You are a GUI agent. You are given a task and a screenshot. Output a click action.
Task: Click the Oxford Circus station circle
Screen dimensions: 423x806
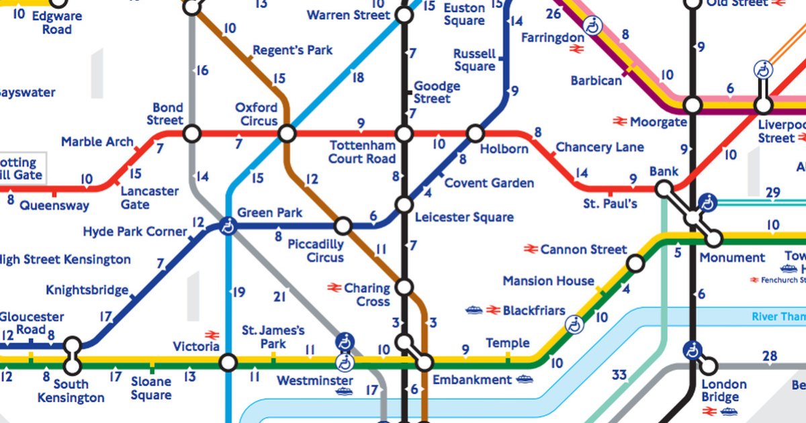tap(287, 134)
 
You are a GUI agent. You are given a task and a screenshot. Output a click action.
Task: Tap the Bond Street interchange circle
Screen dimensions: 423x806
tap(192, 134)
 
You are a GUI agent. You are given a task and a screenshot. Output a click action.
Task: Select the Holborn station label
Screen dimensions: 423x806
tap(504, 149)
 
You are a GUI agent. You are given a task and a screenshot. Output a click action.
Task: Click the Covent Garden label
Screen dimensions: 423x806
tap(489, 183)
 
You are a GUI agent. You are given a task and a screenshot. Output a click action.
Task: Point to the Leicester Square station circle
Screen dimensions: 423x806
tap(404, 205)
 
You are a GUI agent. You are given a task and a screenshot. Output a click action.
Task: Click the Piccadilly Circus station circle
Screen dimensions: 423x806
tap(343, 226)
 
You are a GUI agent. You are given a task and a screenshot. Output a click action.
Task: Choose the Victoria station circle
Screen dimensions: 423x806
tap(229, 363)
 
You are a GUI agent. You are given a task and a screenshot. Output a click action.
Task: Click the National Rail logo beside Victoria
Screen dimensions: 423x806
tap(212, 334)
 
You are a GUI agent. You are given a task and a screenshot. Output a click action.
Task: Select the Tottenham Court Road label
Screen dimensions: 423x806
tap(361, 152)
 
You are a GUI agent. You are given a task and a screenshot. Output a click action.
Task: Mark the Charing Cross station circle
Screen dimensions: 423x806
tap(404, 287)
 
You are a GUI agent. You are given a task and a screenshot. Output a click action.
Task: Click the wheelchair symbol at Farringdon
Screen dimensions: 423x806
tap(592, 26)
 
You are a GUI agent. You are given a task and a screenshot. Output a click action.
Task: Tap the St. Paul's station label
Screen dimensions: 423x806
tap(610, 203)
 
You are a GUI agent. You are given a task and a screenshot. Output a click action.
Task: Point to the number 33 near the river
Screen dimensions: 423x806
tap(619, 375)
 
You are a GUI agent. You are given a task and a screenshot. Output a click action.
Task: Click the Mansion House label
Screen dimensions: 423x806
tap(548, 281)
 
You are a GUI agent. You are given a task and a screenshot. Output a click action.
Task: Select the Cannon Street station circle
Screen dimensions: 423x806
tap(635, 264)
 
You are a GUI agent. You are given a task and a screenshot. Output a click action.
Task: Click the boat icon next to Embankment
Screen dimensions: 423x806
tap(525, 380)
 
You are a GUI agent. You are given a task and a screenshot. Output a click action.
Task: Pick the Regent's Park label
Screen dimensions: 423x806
tap(292, 51)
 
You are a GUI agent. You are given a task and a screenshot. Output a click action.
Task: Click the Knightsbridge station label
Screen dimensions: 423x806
tap(87, 290)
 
